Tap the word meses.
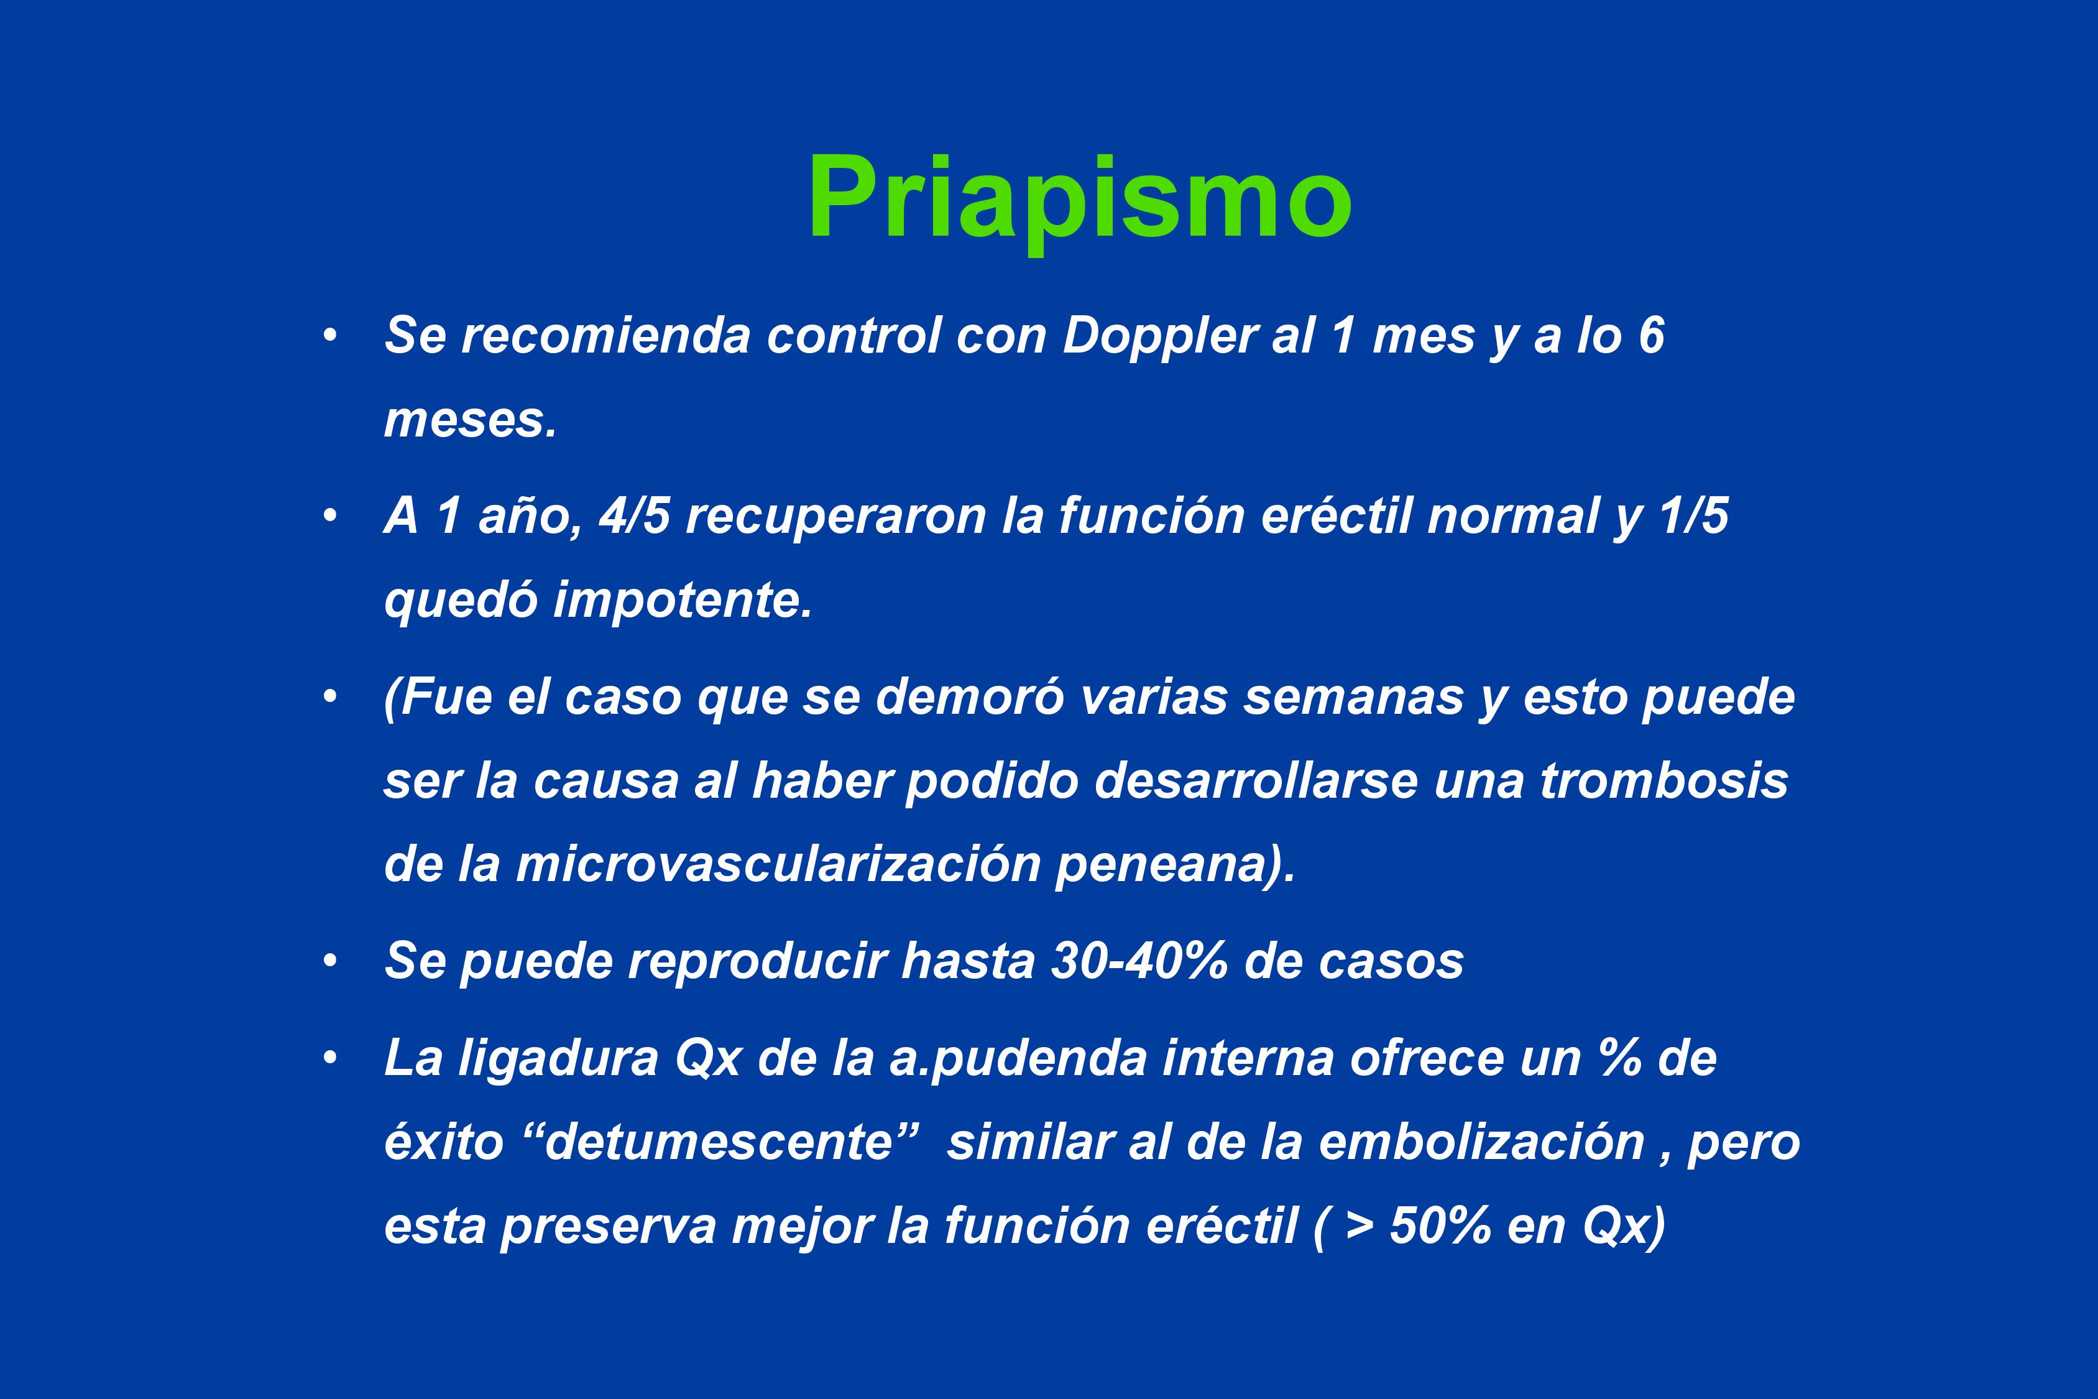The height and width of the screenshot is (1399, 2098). (470, 420)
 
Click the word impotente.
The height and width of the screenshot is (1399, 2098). (683, 599)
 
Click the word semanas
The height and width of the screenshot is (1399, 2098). (1354, 698)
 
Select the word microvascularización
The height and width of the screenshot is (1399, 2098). (779, 864)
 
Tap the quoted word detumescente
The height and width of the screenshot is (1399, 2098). (719, 1142)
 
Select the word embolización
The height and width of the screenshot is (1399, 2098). (1481, 1142)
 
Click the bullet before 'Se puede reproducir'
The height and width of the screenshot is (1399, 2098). (331, 961)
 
